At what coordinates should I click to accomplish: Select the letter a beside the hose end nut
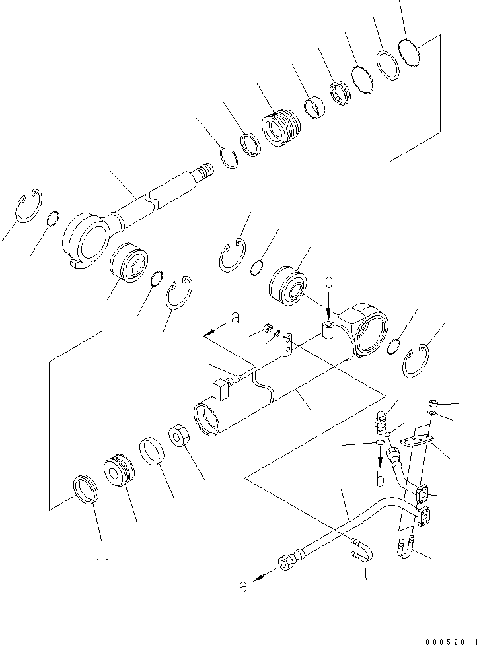243,586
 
